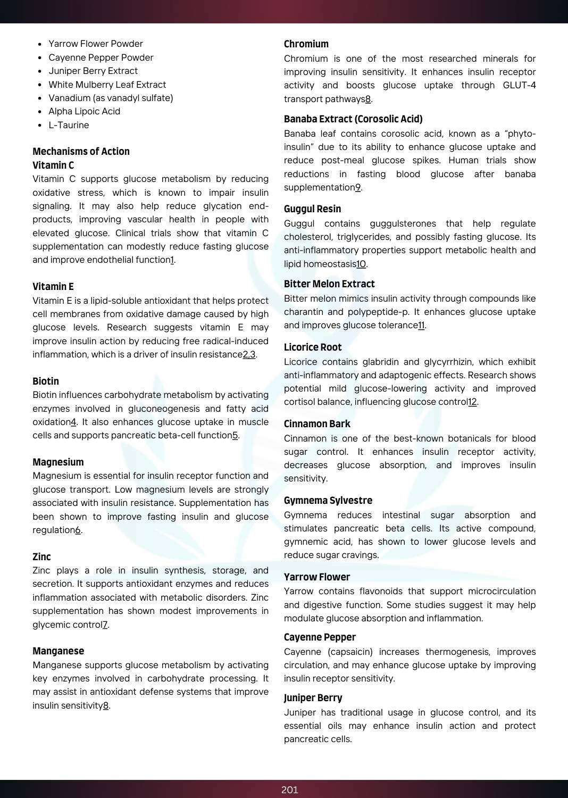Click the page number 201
click(289, 789)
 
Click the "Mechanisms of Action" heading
click(81, 152)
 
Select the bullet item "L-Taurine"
click(69, 125)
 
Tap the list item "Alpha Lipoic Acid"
click(84, 111)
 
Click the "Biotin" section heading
click(46, 381)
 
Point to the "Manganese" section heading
click(58, 651)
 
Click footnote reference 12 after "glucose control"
click(472, 402)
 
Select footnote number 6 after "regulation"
click(78, 530)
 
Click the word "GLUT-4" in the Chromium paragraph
click(519, 85)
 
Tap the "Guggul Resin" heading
click(312, 209)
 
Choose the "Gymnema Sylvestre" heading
click(328, 500)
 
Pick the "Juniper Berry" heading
click(313, 697)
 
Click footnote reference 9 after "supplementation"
click(358, 187)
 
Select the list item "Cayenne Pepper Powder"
click(101, 57)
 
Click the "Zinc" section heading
click(41, 556)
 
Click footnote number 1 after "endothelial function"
click(172, 260)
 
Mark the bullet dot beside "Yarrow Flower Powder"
click(40, 44)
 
